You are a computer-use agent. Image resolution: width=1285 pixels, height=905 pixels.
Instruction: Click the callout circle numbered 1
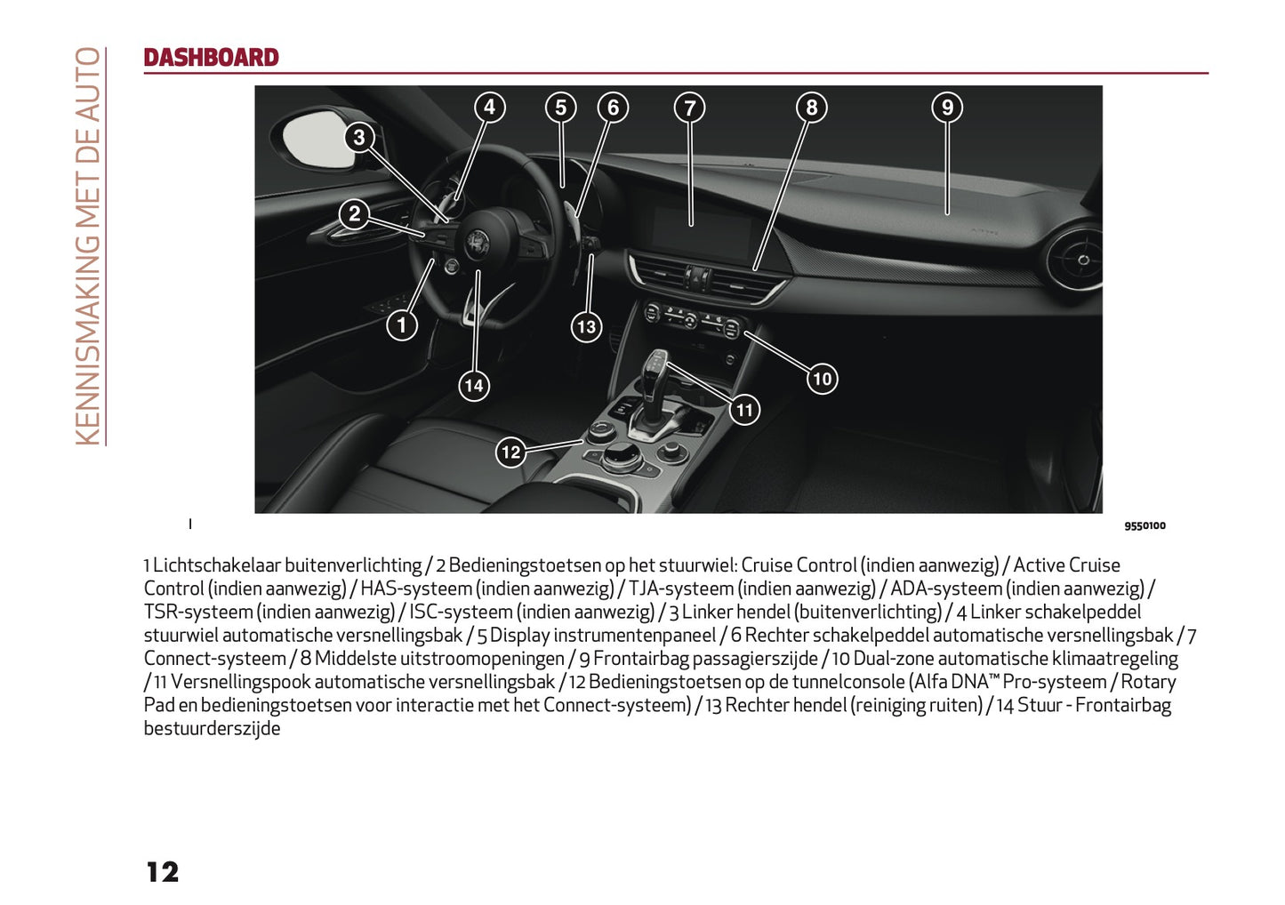(x=402, y=325)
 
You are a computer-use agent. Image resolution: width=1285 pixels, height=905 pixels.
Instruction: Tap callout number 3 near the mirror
(x=359, y=138)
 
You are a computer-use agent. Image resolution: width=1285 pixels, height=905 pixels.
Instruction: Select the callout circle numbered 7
(x=690, y=108)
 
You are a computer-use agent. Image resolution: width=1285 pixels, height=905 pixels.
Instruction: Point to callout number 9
(x=947, y=108)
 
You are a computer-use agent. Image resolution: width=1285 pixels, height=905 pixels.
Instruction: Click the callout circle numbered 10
(x=822, y=380)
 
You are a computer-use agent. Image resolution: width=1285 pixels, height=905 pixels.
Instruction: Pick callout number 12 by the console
(x=510, y=452)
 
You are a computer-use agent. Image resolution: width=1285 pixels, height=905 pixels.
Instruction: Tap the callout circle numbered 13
(x=586, y=327)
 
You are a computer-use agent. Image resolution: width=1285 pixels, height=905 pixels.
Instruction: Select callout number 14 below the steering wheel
(x=474, y=386)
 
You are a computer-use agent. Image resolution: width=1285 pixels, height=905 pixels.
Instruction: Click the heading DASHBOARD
(x=211, y=58)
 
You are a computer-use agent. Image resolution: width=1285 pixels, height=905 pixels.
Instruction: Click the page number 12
(x=163, y=872)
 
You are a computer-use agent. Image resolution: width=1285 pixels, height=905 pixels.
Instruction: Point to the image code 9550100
(x=1144, y=526)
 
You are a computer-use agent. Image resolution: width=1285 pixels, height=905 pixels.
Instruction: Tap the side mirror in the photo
(x=317, y=138)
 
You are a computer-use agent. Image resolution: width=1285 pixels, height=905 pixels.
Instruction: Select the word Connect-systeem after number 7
(x=214, y=659)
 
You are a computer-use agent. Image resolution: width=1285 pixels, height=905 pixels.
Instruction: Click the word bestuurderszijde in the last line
(x=212, y=729)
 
